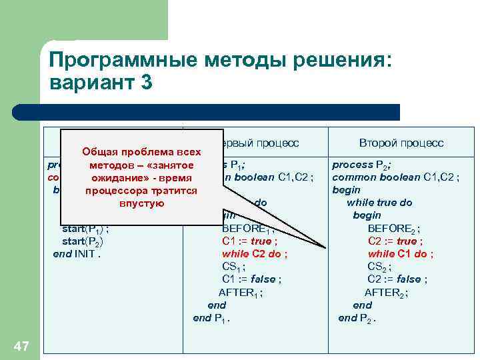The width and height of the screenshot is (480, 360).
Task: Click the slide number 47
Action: [x=21, y=345]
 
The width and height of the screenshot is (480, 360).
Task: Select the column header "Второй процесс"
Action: [x=401, y=143]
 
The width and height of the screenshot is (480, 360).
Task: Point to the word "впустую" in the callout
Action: [x=141, y=203]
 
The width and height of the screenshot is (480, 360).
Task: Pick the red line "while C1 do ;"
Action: [x=400, y=253]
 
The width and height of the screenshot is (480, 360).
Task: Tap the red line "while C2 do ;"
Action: [x=255, y=253]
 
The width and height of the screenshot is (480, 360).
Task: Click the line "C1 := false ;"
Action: [x=250, y=279]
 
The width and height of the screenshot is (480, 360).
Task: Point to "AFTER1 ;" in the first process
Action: [x=241, y=292]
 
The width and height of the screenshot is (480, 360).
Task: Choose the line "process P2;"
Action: [x=361, y=165]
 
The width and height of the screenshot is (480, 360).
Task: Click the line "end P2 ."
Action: [x=357, y=318]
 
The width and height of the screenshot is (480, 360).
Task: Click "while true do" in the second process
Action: [x=380, y=203]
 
